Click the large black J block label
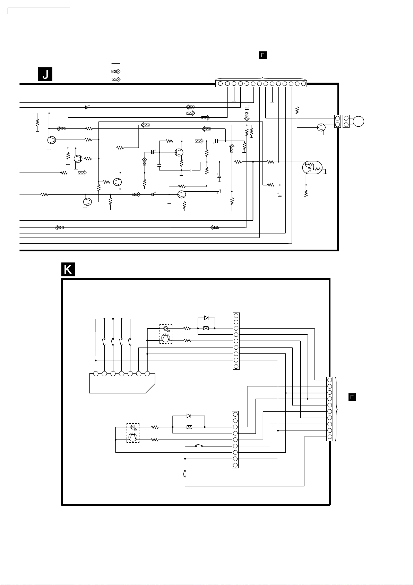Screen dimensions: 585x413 (x=45, y=74)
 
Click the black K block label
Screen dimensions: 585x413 (x=68, y=269)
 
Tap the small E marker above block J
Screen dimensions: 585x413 (x=263, y=55)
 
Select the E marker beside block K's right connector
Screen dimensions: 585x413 (x=352, y=397)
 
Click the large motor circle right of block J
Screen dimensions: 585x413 (x=359, y=122)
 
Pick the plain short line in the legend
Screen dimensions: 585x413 (x=116, y=64)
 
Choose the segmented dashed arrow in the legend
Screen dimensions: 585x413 (x=116, y=71)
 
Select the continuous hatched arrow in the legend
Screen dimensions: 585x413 (x=116, y=79)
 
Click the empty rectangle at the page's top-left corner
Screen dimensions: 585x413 (x=39, y=11)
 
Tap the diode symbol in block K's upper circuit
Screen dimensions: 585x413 (x=206, y=318)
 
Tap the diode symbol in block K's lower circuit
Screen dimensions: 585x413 (x=189, y=416)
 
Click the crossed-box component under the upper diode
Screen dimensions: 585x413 (x=206, y=328)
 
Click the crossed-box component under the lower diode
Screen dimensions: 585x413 (x=189, y=427)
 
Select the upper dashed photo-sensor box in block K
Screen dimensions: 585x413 (x=166, y=334)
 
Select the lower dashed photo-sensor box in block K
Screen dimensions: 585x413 (x=133, y=433)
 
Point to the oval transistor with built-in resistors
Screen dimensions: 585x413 (x=312, y=168)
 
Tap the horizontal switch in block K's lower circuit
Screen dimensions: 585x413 (x=199, y=446)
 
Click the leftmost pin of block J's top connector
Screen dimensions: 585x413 (x=220, y=83)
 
